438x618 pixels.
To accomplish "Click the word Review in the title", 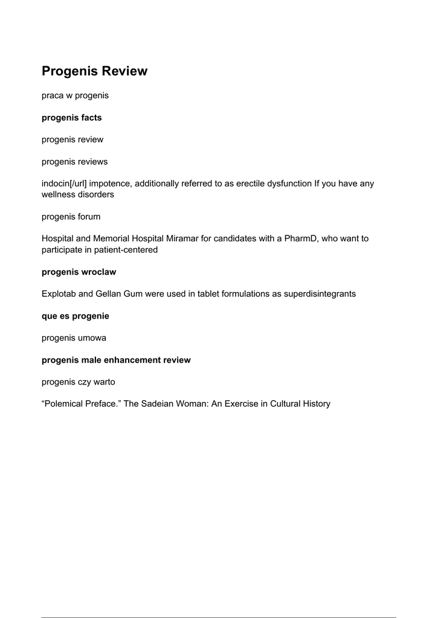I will coord(124,71).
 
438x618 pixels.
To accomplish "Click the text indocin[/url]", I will coord(64,183).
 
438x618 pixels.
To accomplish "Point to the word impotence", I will coord(110,183).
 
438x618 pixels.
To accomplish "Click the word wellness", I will coord(58,194).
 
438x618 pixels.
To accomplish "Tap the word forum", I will coord(89,217).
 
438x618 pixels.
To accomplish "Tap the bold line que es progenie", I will coord(76,316).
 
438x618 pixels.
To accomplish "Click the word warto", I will coord(103,382).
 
